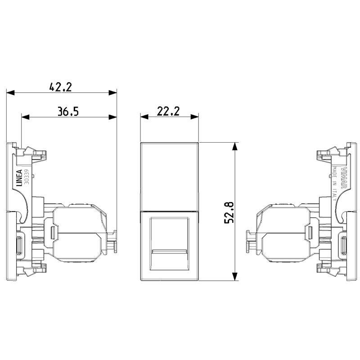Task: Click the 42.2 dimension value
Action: [61, 87]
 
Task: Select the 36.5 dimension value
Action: [68, 111]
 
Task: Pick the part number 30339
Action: [27, 177]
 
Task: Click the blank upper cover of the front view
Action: [169, 175]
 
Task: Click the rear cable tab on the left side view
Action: [114, 240]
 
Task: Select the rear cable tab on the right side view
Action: [249, 240]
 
